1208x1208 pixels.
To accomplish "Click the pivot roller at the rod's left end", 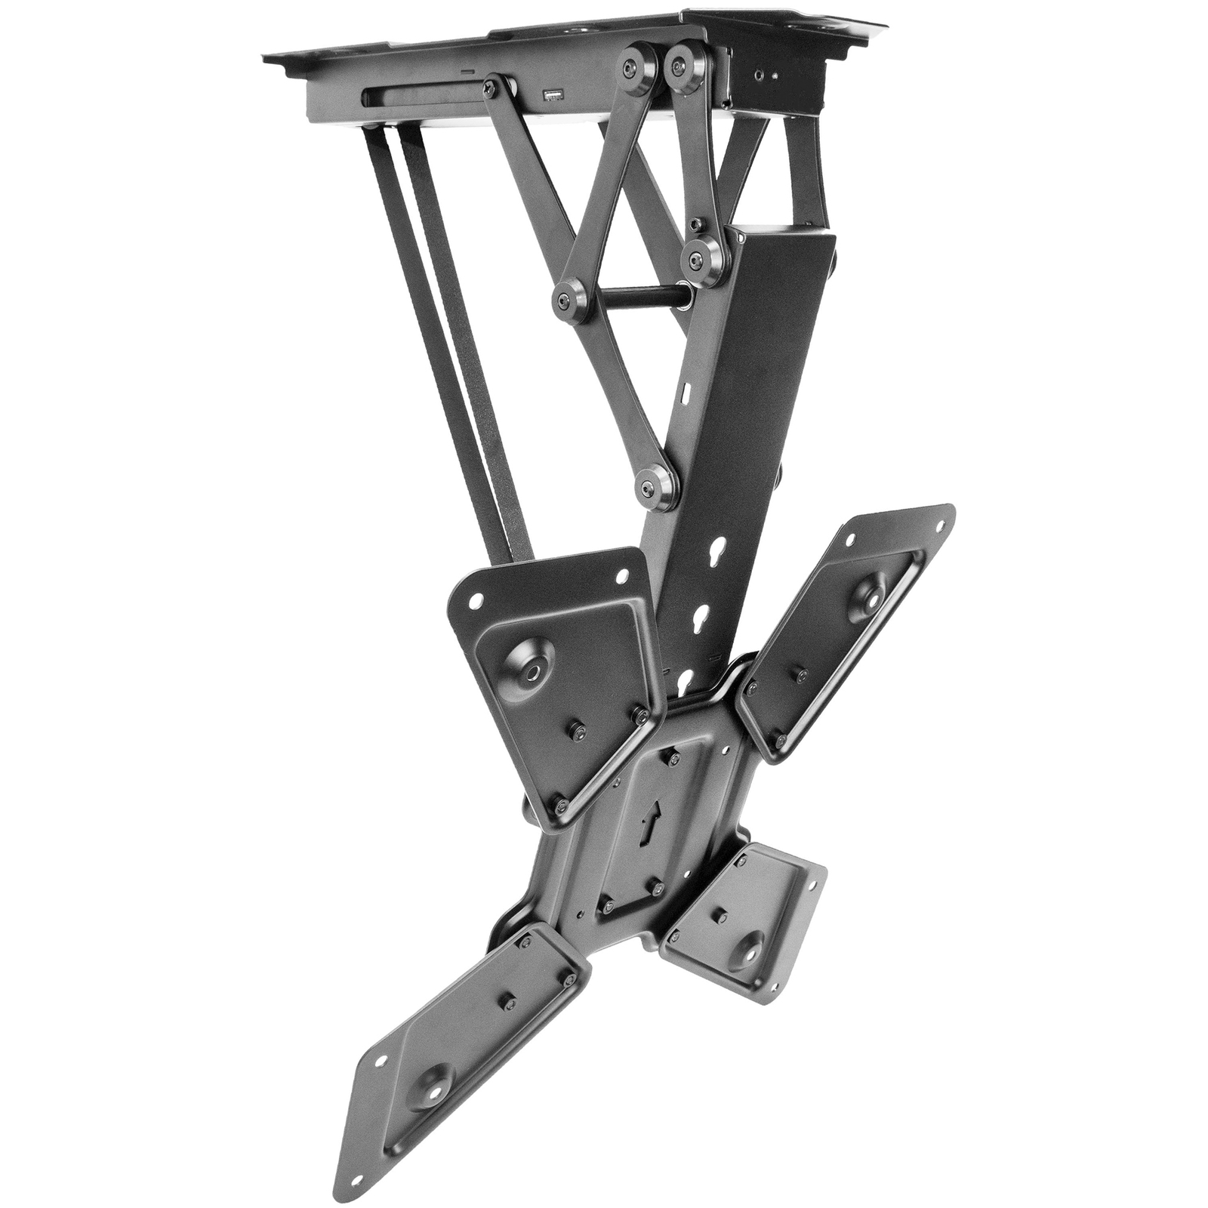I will click(566, 300).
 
